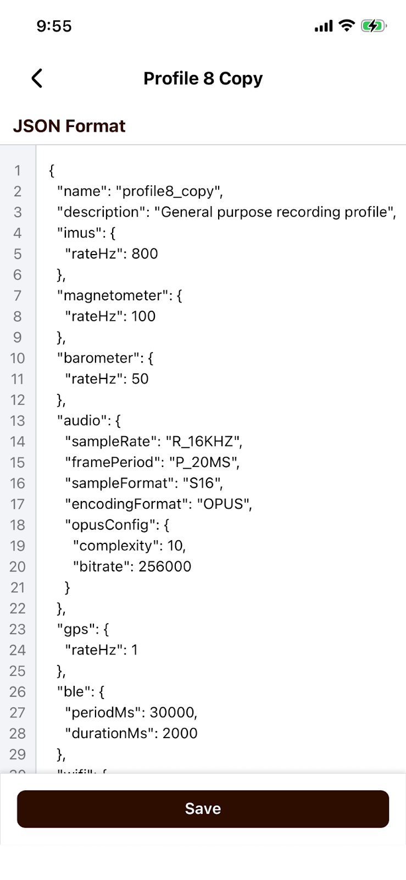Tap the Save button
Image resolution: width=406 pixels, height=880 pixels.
[x=203, y=809]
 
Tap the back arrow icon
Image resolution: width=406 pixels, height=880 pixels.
[x=37, y=79]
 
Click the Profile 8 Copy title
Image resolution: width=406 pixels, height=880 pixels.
[x=203, y=79]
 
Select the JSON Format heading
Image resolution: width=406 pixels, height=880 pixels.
[x=69, y=126]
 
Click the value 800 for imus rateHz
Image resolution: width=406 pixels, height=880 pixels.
[x=144, y=254]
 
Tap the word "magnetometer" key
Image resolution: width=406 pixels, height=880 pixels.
[x=113, y=295]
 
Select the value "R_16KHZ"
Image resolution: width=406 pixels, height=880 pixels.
[x=203, y=442]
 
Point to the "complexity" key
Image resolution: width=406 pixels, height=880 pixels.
[x=116, y=546]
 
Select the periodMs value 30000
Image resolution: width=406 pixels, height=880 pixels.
[x=173, y=712]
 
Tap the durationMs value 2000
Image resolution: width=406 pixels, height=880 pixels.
[x=180, y=733]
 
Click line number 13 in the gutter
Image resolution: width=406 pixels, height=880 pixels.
[x=18, y=421]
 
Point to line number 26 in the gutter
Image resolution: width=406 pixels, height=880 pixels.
[x=18, y=692]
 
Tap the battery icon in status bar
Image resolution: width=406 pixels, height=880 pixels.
[x=374, y=26]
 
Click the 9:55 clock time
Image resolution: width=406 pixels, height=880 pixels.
[x=54, y=26]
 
